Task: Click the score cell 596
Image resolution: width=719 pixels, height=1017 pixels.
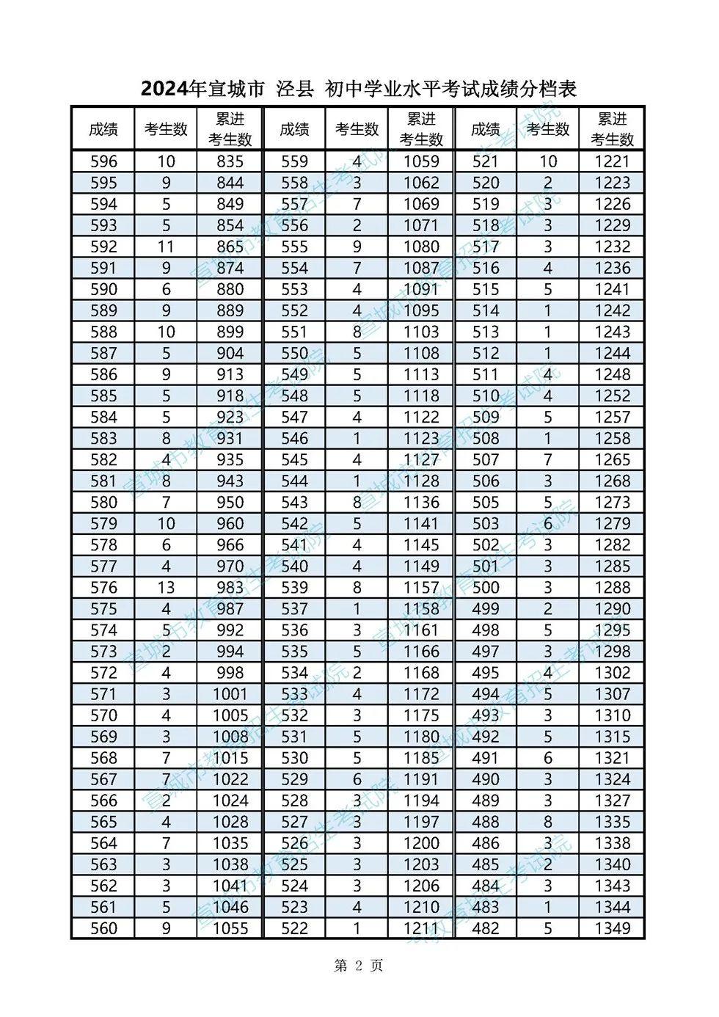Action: [103, 161]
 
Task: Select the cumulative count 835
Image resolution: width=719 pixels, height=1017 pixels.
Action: [230, 161]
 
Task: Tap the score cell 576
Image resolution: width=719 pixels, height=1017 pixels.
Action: [103, 587]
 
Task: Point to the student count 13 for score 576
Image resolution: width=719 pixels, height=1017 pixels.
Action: [166, 587]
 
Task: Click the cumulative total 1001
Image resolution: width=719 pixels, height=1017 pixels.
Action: [230, 693]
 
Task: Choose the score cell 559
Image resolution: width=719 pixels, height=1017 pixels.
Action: [294, 161]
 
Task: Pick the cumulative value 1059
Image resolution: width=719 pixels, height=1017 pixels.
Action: [421, 161]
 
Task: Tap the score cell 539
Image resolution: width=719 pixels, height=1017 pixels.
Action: [294, 587]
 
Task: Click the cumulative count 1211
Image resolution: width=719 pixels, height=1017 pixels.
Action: [421, 927]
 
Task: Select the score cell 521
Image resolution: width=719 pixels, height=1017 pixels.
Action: [485, 161]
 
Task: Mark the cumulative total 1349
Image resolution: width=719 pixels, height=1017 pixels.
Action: [612, 927]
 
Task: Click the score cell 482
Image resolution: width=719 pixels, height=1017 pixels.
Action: [485, 927]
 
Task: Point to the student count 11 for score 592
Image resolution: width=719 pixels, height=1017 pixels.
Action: [166, 247]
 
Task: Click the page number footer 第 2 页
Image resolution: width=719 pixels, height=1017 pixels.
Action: [358, 966]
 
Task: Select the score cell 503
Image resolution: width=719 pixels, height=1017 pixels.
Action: [485, 523]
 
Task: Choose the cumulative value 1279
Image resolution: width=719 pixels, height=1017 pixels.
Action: [612, 523]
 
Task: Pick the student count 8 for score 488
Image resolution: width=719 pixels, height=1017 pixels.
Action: [547, 821]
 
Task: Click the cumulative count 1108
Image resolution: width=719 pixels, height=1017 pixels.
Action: [421, 353]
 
